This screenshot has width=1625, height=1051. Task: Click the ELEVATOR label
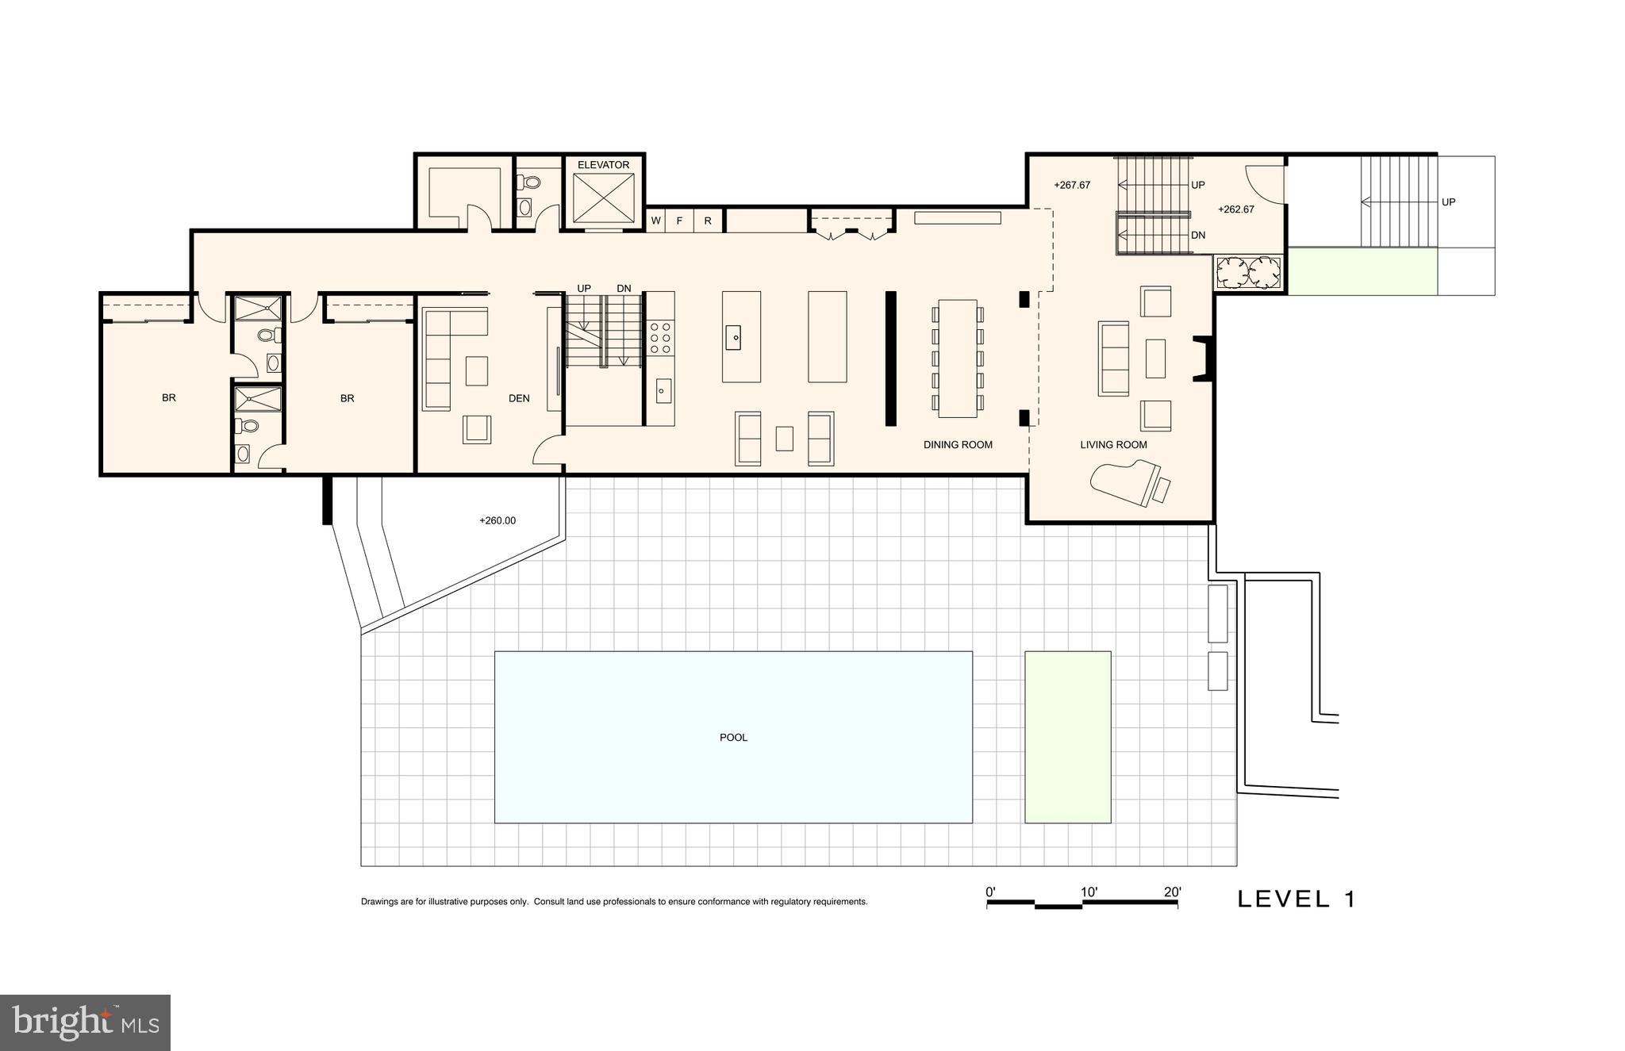pyautogui.click(x=603, y=165)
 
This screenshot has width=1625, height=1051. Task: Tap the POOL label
pyautogui.click(x=733, y=738)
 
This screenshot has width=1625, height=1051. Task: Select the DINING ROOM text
pyautogui.click(x=958, y=445)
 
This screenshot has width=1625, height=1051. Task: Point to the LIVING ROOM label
pyautogui.click(x=1113, y=445)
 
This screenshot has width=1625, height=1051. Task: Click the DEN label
pyautogui.click(x=519, y=398)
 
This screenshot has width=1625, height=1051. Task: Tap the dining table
pyautogui.click(x=958, y=358)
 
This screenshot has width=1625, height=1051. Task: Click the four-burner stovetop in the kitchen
pyautogui.click(x=659, y=337)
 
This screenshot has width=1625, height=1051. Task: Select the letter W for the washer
pyautogui.click(x=655, y=221)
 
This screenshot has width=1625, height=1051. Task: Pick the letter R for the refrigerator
pyautogui.click(x=708, y=221)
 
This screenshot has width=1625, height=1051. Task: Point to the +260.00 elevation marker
pyautogui.click(x=497, y=521)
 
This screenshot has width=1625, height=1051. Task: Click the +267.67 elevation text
pyautogui.click(x=1072, y=186)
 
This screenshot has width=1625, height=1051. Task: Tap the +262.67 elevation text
pyautogui.click(x=1236, y=209)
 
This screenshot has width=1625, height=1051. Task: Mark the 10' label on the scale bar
pyautogui.click(x=1089, y=892)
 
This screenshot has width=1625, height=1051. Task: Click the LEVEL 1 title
pyautogui.click(x=1297, y=899)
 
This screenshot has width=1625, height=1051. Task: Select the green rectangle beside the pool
pyautogui.click(x=1068, y=737)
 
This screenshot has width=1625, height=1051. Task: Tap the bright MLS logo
pyautogui.click(x=85, y=1022)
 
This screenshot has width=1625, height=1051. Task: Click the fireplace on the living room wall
pyautogui.click(x=1204, y=359)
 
